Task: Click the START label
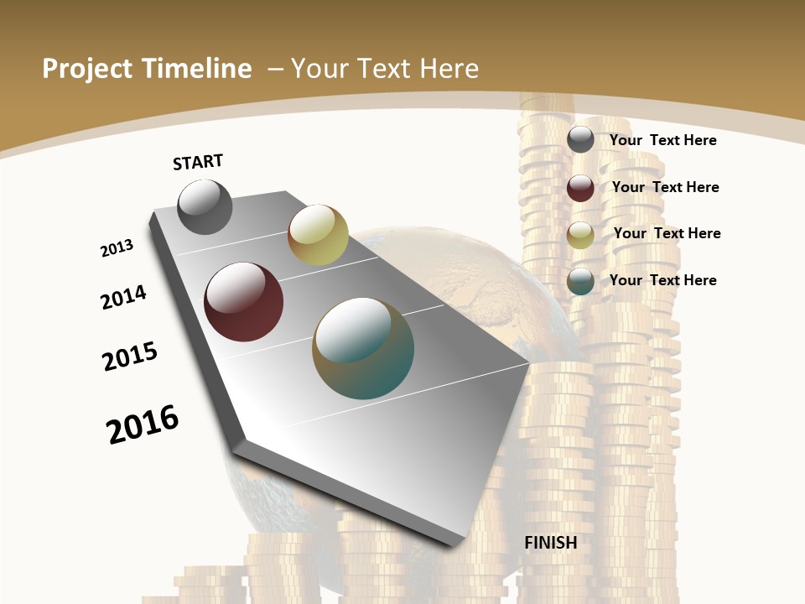point(198,162)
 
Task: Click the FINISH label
point(551,543)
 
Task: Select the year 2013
point(117,248)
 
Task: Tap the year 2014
point(123,297)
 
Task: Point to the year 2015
point(130,356)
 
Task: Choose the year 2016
point(143,424)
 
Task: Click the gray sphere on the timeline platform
point(205,206)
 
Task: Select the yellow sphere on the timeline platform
point(318,235)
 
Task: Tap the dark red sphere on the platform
point(244,302)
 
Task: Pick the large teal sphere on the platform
point(363,348)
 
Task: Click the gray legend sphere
point(580,139)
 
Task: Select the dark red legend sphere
point(580,188)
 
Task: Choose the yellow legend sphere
point(580,235)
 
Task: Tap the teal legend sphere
point(580,281)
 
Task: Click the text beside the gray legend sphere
point(662,140)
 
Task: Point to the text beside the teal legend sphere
point(662,280)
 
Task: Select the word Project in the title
point(87,69)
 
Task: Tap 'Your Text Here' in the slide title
point(384,69)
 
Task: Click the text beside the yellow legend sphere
point(667,233)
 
